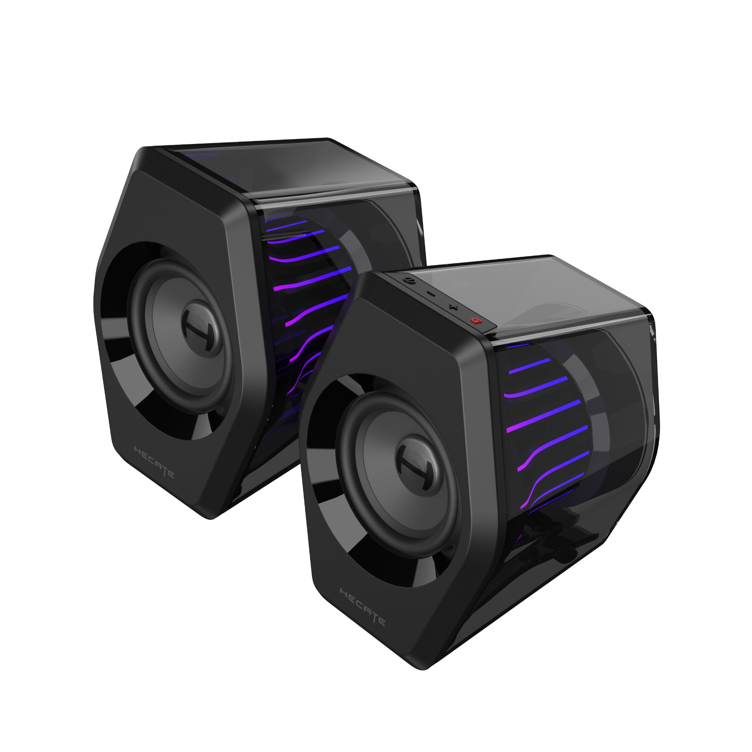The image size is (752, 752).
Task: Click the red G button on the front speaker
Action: coord(474,321)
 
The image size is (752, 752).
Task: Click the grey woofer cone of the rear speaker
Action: coord(167,331)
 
